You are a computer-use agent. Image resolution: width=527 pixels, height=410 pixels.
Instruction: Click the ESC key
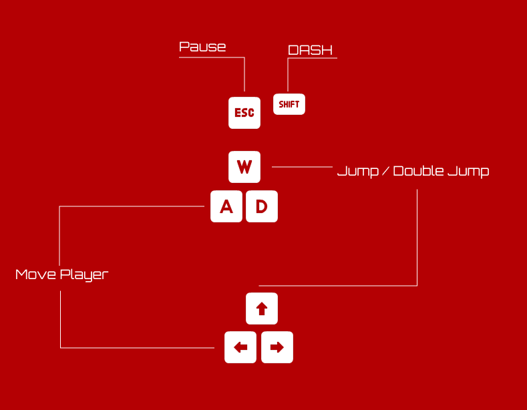click(244, 113)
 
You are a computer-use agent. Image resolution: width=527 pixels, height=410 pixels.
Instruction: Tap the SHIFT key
click(289, 104)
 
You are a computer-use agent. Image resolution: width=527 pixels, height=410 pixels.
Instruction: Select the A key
click(226, 207)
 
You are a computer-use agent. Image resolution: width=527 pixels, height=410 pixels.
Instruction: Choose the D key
click(262, 207)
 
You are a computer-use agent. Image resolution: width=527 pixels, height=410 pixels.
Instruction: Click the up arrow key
click(262, 309)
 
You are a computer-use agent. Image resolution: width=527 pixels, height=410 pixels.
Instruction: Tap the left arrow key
click(240, 347)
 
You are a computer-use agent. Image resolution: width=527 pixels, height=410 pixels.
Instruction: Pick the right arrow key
click(277, 347)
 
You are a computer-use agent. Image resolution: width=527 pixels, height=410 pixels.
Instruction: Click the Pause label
click(202, 47)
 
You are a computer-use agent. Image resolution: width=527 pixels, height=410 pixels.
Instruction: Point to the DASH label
click(310, 50)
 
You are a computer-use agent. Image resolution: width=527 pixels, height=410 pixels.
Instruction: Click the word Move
click(35, 274)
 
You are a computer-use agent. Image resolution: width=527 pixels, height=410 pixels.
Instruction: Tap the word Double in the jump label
click(418, 171)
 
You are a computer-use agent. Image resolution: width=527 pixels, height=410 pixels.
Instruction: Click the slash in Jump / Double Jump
click(385, 171)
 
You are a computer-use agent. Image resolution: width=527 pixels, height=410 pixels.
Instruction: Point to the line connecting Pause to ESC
click(244, 73)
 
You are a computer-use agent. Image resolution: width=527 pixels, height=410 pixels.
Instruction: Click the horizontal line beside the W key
click(302, 167)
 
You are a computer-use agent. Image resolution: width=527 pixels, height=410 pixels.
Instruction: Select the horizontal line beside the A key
click(134, 206)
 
